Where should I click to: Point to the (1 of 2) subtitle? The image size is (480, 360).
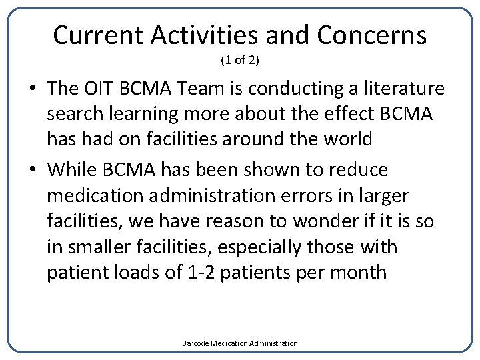(239, 61)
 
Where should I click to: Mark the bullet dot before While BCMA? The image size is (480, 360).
(34, 170)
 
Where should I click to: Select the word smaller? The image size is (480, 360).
(103, 247)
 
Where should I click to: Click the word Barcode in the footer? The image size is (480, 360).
(195, 343)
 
